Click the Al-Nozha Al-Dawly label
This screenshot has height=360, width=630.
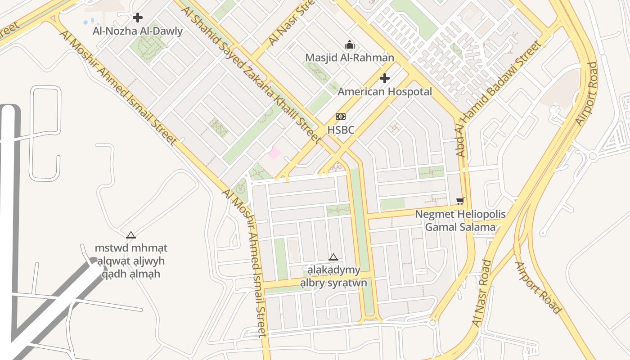pos(138,31)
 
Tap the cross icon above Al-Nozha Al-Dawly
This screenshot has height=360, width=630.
pos(138,18)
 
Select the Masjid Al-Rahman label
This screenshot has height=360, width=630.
pos(350,58)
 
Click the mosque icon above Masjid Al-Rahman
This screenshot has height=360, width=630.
pos(350,45)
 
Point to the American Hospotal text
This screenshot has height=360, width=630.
pos(385,92)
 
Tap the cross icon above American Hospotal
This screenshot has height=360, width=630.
pos(385,78)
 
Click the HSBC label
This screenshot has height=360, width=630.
pos(341,130)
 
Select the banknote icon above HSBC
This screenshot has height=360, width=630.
pos(341,117)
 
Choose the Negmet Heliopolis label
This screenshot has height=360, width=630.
pos(460,214)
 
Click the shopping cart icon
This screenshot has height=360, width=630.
pos(459,201)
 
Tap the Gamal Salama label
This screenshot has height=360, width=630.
pos(460,227)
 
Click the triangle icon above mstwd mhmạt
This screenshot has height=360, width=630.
pos(131,234)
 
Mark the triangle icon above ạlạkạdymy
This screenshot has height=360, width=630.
pos(333,257)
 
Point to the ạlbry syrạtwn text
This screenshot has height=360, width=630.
pos(333,283)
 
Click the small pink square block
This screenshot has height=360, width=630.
pos(274,153)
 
